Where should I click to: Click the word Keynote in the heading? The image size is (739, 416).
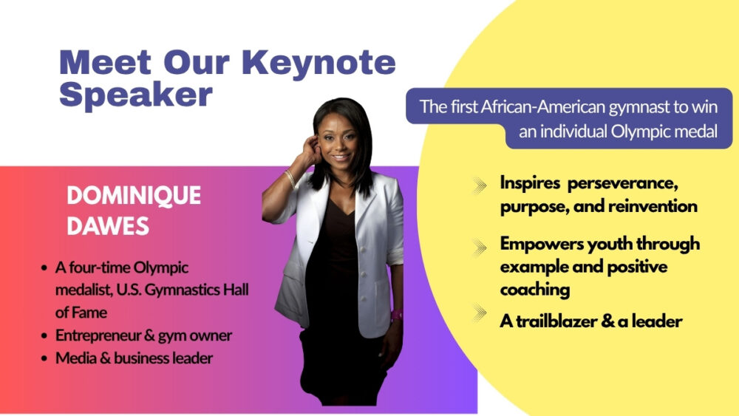319,64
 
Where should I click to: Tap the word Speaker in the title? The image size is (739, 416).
136,94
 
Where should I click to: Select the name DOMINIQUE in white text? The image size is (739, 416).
134,196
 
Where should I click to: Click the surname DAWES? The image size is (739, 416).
108,226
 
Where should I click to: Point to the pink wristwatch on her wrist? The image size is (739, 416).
397,316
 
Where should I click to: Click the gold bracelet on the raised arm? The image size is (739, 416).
290,179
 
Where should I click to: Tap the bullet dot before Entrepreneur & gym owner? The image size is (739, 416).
44,336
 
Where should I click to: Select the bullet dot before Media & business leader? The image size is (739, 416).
44,358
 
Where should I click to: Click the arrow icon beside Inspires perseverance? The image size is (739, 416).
480,185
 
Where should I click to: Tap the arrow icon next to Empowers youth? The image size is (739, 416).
480,248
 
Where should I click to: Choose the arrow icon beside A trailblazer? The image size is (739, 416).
480,313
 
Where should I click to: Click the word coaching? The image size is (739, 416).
535,290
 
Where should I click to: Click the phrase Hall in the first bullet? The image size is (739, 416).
236,289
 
